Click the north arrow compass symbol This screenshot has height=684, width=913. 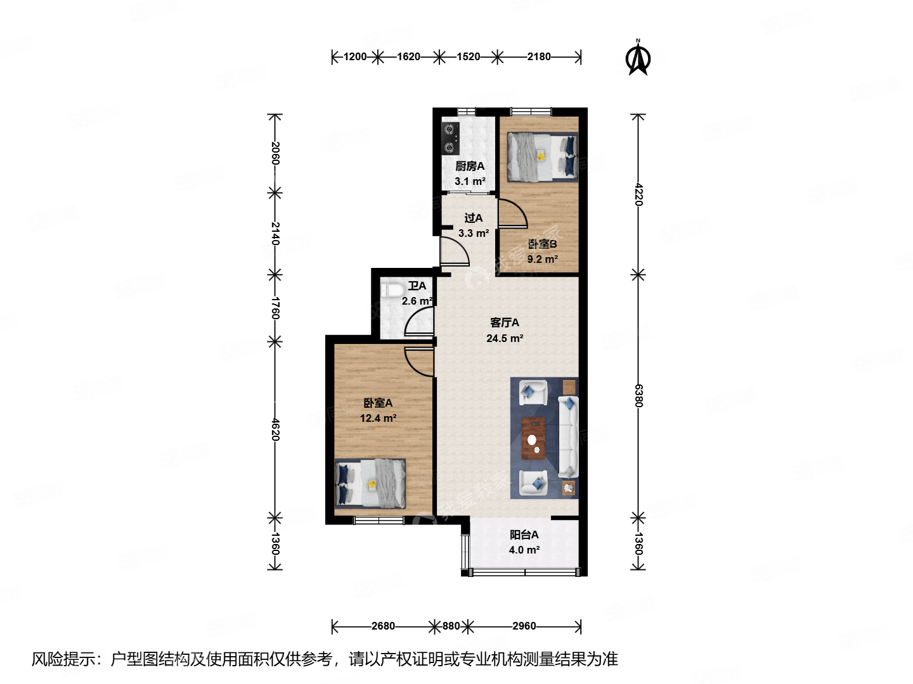(638, 58)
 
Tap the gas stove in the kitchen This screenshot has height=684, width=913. (450, 139)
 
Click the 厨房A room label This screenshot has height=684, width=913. (470, 166)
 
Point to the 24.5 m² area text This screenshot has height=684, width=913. (505, 338)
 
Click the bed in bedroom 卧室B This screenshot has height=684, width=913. (542, 156)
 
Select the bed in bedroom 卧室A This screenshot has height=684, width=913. (370, 483)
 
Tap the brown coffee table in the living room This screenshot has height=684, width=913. (533, 438)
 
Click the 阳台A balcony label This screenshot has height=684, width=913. (524, 535)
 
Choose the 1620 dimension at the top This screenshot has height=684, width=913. (408, 57)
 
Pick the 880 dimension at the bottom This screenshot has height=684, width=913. (451, 626)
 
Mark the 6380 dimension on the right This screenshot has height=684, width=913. (638, 396)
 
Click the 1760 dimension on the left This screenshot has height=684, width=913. (275, 308)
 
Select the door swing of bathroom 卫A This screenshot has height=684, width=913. (420, 322)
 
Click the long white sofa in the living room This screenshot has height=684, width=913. (568, 437)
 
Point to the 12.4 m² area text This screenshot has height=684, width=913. (378, 418)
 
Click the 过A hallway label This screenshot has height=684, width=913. (473, 218)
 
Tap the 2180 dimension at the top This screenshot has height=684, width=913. (539, 57)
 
